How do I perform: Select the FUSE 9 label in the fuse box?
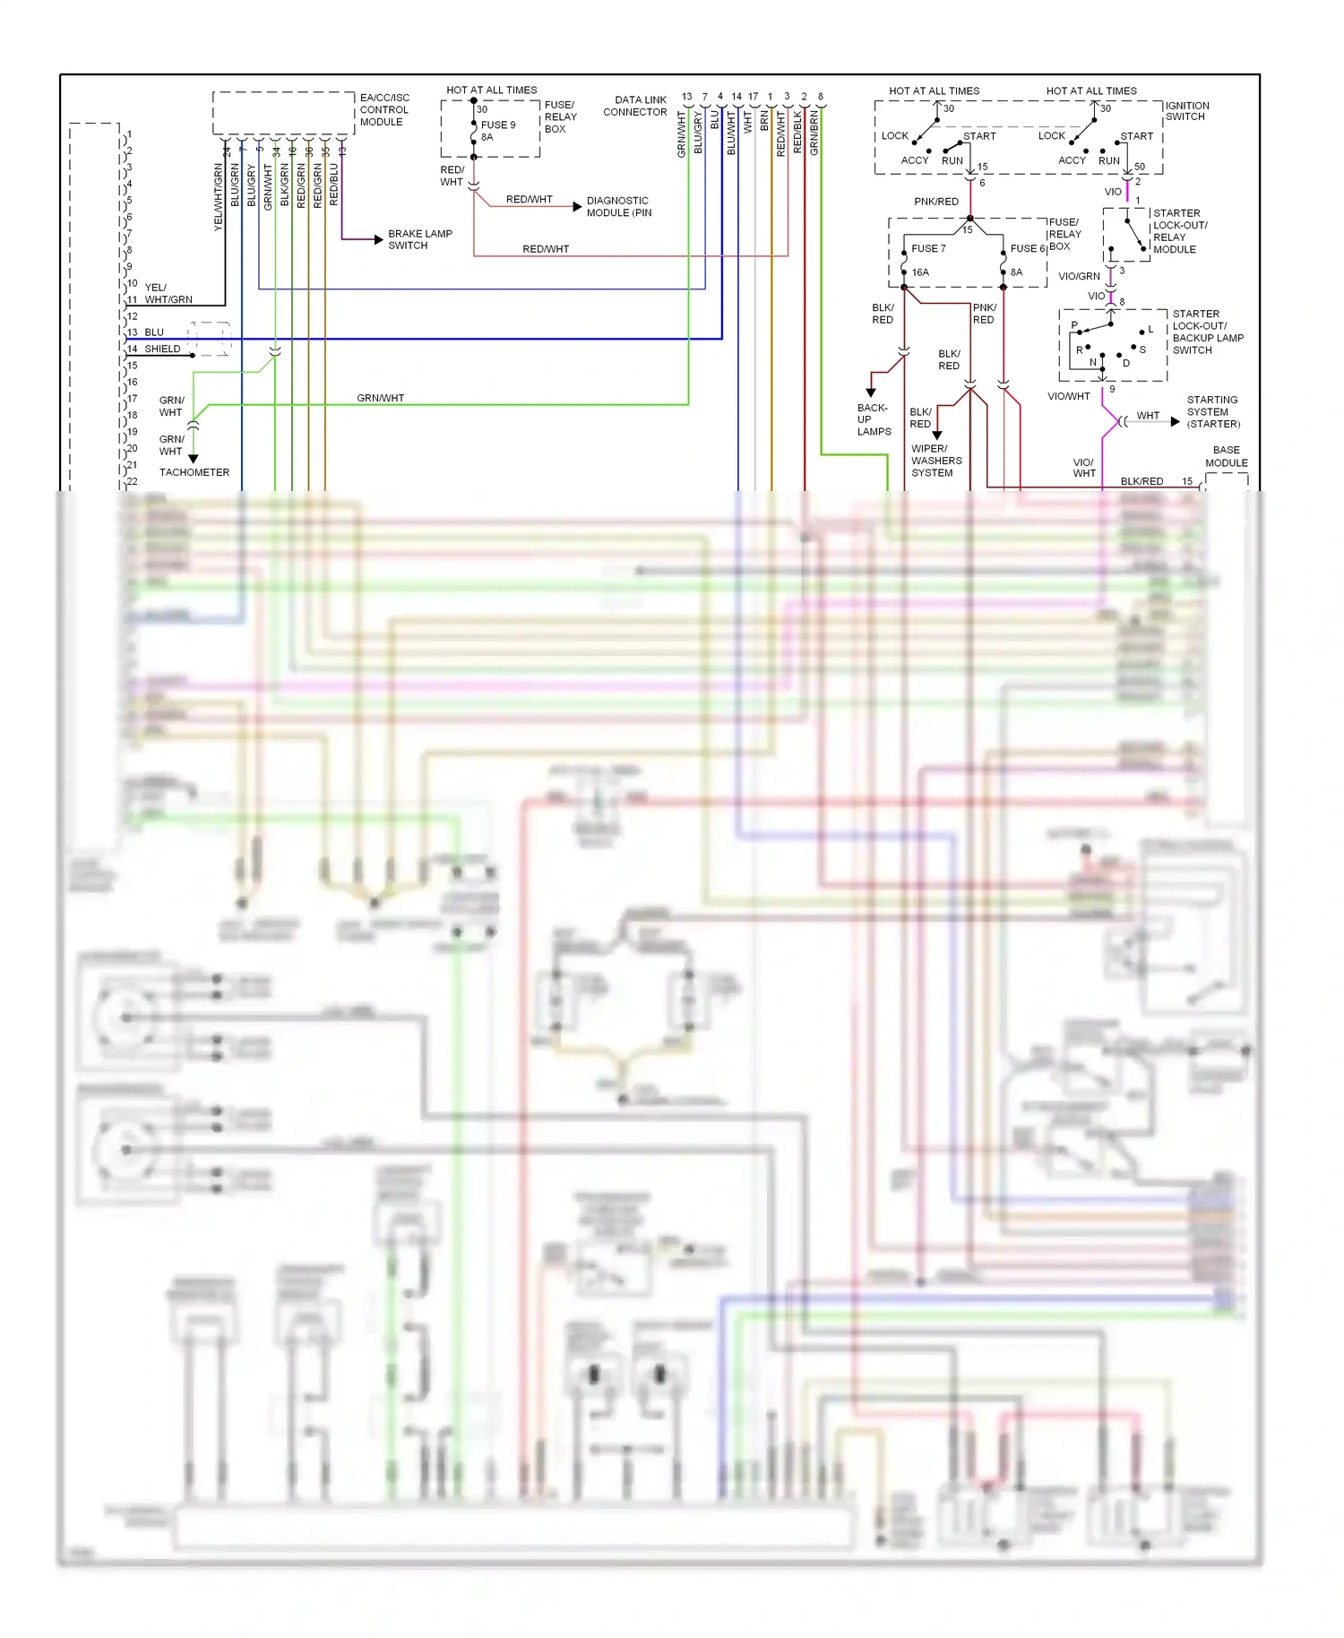[x=497, y=125]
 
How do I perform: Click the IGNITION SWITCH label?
[x=1186, y=111]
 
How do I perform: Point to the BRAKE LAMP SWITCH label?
[x=419, y=239]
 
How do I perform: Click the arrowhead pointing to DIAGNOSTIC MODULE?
[x=577, y=207]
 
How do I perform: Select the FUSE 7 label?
[x=928, y=248]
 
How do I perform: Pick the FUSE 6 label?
[x=1027, y=248]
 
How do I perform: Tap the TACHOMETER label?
[x=194, y=472]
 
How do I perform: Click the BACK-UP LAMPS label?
[x=873, y=419]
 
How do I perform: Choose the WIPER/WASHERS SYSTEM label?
[x=935, y=461]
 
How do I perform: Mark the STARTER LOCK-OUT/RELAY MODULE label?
[x=1179, y=231]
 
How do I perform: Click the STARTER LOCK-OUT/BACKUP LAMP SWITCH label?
[x=1206, y=332]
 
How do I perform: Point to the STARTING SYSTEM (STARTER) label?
[x=1212, y=412]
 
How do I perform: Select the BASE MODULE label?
[x=1226, y=456]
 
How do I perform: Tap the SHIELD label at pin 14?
[x=162, y=349]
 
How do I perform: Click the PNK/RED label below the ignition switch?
[x=935, y=202]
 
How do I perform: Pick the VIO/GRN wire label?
[x=1078, y=276]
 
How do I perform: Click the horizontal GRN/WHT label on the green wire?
[x=380, y=398]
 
